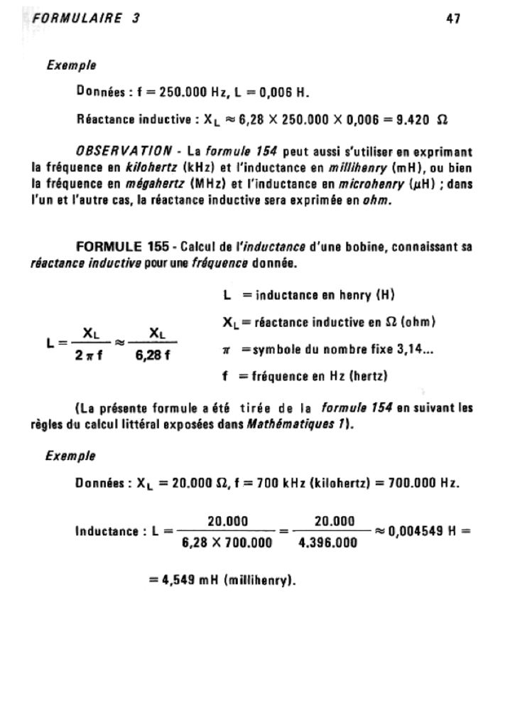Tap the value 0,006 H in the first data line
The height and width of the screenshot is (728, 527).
pos(281,92)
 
